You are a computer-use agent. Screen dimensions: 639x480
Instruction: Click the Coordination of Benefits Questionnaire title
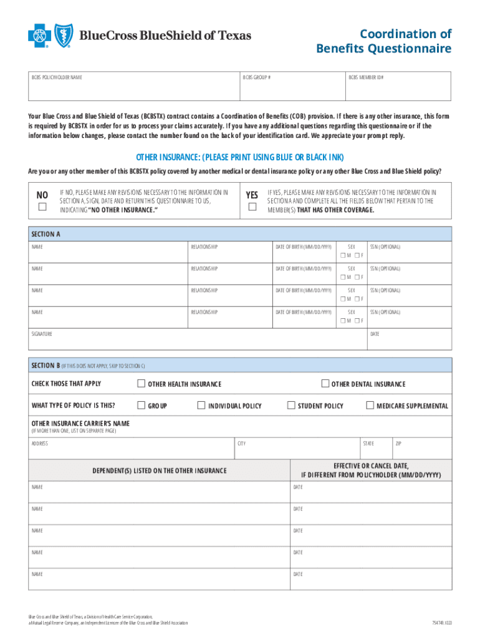click(383, 41)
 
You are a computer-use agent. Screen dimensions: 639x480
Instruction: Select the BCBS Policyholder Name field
click(134, 90)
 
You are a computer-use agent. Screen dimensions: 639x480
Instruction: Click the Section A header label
click(46, 235)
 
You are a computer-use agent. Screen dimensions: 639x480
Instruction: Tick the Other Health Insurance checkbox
click(142, 383)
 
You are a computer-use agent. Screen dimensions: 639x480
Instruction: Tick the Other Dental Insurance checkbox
click(325, 383)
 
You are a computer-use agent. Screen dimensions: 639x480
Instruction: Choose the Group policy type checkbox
click(142, 405)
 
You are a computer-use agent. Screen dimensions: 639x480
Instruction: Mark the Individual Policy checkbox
click(201, 405)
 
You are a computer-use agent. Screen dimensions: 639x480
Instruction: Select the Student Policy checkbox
click(291, 405)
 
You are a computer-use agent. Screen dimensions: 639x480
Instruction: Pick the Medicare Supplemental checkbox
click(370, 405)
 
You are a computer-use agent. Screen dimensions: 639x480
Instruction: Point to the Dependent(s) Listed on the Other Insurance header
click(160, 470)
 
